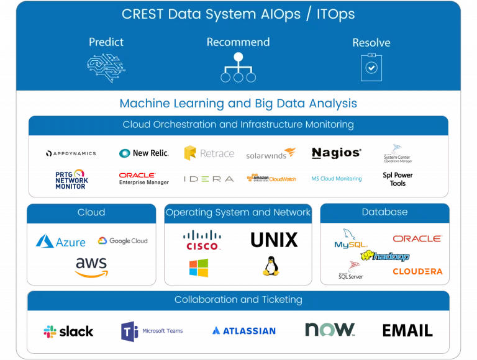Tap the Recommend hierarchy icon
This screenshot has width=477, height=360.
click(x=238, y=68)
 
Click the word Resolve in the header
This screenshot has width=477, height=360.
click(x=371, y=43)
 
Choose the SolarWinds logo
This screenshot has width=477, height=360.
click(x=271, y=154)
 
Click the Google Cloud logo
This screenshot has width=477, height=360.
click(x=123, y=241)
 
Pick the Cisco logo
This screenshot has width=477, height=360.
click(x=203, y=240)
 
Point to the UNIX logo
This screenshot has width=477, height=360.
click(x=274, y=240)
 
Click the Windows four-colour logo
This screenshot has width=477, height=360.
click(x=199, y=268)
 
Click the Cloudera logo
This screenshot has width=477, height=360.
click(x=417, y=272)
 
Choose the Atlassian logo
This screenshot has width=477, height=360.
click(x=243, y=331)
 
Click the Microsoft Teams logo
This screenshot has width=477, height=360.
click(x=152, y=331)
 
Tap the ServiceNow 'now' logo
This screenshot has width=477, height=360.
click(x=330, y=329)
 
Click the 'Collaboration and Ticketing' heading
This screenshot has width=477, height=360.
click(x=238, y=300)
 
